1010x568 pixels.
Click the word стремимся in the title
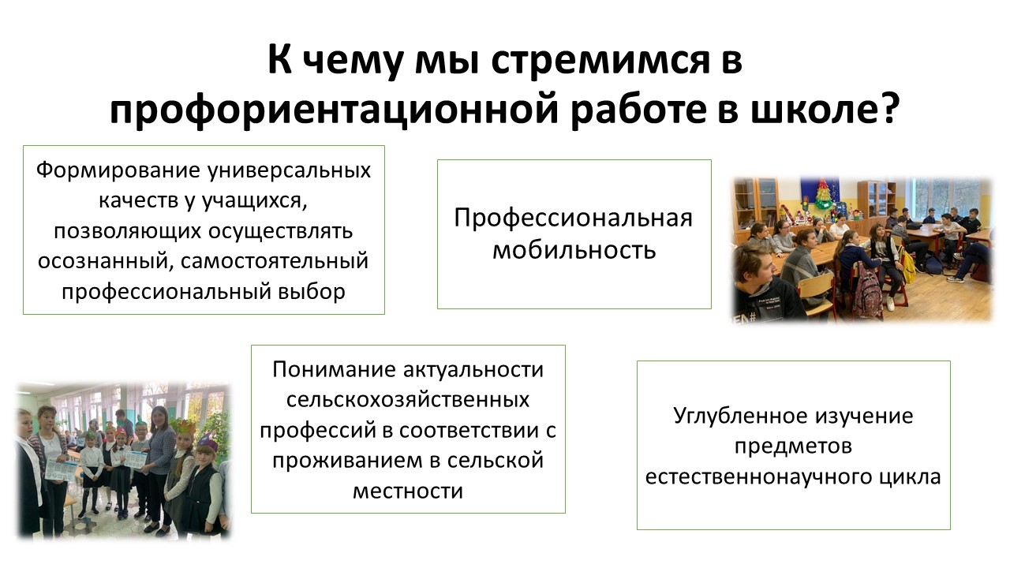(x=600, y=61)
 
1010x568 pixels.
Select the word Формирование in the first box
(x=118, y=171)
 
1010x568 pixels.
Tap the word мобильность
(x=574, y=250)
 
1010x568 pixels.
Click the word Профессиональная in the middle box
(x=573, y=218)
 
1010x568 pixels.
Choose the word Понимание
(x=334, y=370)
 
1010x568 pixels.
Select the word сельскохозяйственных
(x=408, y=400)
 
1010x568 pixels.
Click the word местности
(x=408, y=491)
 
